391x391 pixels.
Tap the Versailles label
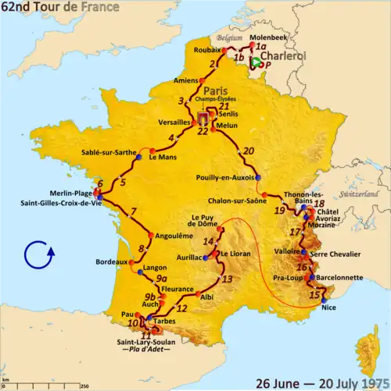click(172, 123)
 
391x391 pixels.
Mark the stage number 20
click(249, 151)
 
